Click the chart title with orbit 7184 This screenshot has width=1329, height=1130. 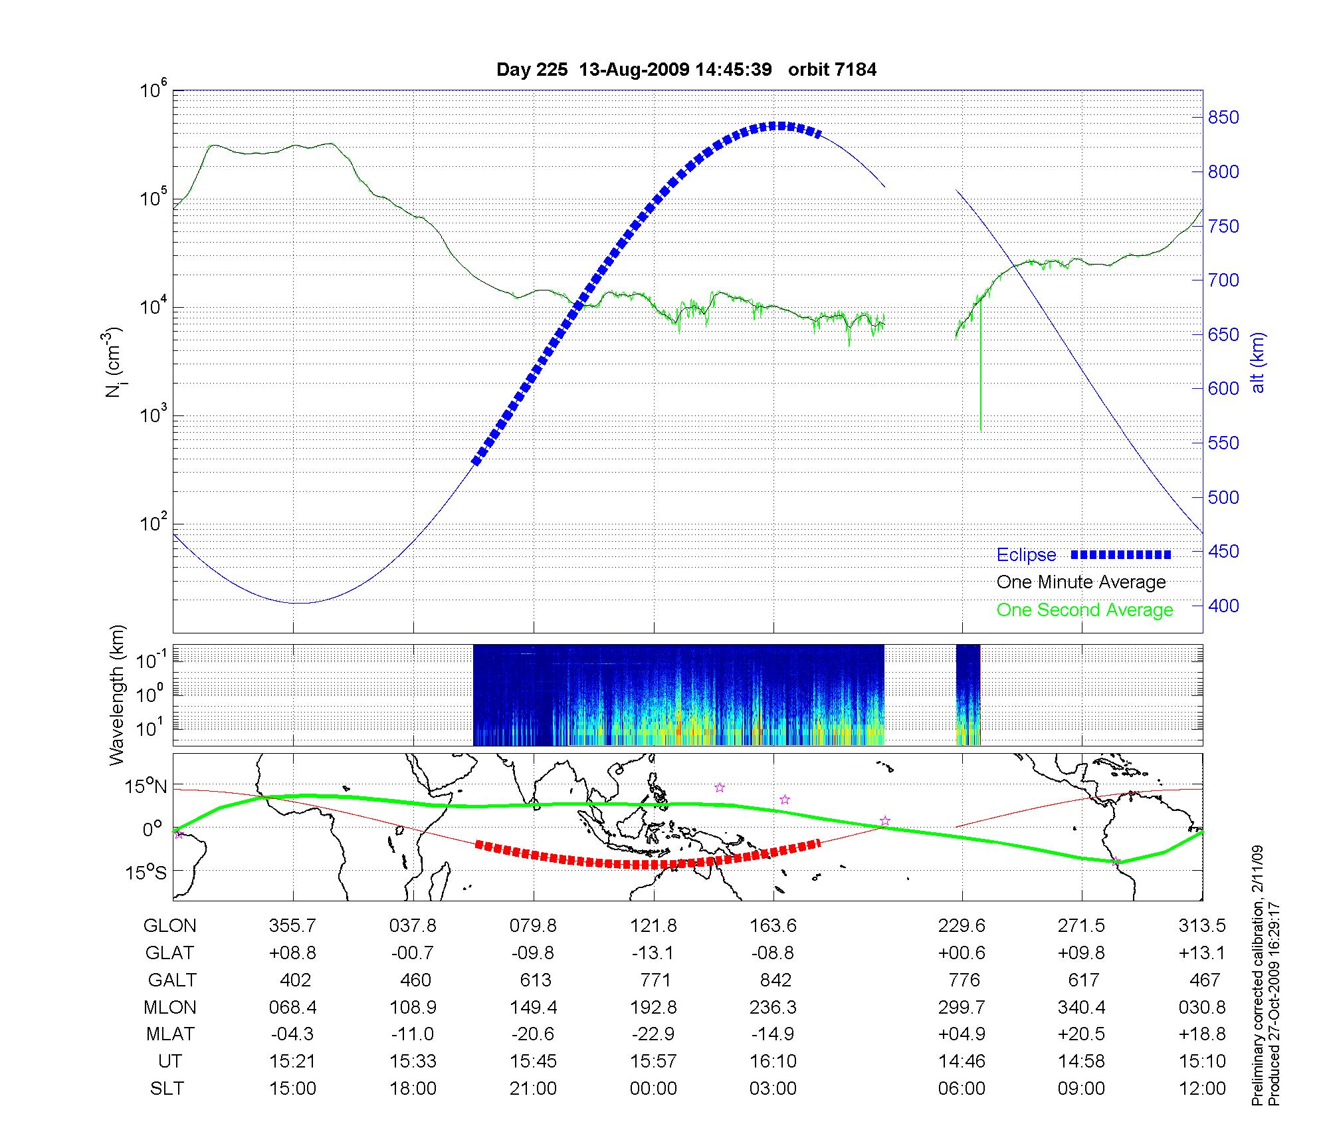tap(686, 70)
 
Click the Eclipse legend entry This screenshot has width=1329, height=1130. tap(1026, 555)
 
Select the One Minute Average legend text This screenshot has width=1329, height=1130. tap(1081, 582)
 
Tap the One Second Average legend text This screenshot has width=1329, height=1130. tap(1084, 610)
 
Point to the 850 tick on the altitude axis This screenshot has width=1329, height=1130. tap(1223, 118)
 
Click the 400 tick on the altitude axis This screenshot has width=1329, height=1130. tap(1223, 606)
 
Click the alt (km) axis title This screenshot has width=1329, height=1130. tap(1258, 362)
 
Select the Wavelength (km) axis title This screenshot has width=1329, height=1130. tap(117, 695)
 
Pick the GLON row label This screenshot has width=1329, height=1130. tap(169, 925)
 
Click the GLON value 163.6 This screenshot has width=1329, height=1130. tap(773, 925)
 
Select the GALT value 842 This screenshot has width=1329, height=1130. tap(775, 980)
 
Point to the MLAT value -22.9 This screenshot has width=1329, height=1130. tap(653, 1034)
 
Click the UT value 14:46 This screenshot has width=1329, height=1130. tap(962, 1061)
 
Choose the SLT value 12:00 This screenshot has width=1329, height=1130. tap(1202, 1088)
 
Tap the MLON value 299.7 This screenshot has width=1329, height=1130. tap(962, 1007)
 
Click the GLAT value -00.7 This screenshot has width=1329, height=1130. tap(413, 953)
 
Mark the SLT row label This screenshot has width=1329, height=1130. tap(167, 1088)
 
